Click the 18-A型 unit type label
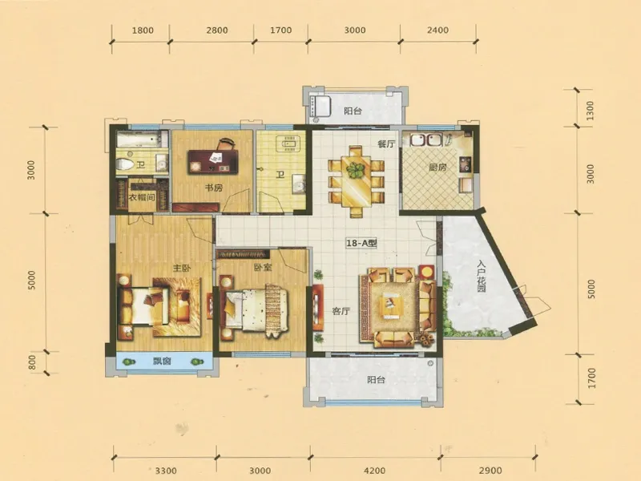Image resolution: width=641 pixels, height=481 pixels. point(361,243)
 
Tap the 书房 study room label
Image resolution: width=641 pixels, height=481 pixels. point(213,188)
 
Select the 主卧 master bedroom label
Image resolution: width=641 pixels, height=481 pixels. point(182,269)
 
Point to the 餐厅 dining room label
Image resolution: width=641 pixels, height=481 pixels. point(386,144)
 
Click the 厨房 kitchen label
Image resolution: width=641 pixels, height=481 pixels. point(437,168)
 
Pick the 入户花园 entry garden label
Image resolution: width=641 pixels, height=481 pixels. point(482,277)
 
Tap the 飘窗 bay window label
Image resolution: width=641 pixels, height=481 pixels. point(162,362)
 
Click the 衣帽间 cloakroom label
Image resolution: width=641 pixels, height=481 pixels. point(142,197)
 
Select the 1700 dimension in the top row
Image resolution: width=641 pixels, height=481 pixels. point(281,30)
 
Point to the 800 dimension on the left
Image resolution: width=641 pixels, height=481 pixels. point(33,362)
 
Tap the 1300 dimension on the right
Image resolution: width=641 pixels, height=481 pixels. point(591,111)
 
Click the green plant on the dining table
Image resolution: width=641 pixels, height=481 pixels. point(355,169)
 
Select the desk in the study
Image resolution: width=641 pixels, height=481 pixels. point(212,162)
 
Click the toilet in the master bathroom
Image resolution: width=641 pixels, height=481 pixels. point(126,164)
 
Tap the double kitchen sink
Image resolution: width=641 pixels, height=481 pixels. point(426,139)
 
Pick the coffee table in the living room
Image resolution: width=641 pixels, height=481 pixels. point(389,306)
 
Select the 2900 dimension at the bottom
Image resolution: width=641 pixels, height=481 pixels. point(489,471)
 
